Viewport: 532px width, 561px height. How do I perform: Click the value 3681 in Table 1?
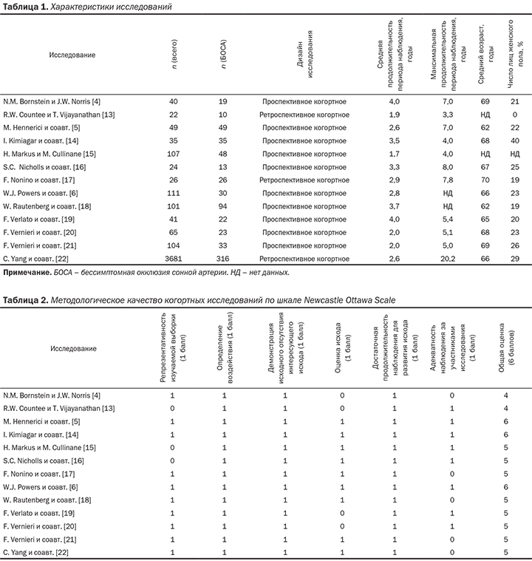coord(174,257)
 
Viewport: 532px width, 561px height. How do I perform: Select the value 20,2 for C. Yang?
coord(442,257)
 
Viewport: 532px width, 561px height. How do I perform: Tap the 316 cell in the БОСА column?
coord(222,257)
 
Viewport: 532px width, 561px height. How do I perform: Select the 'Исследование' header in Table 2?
coord(72,348)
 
